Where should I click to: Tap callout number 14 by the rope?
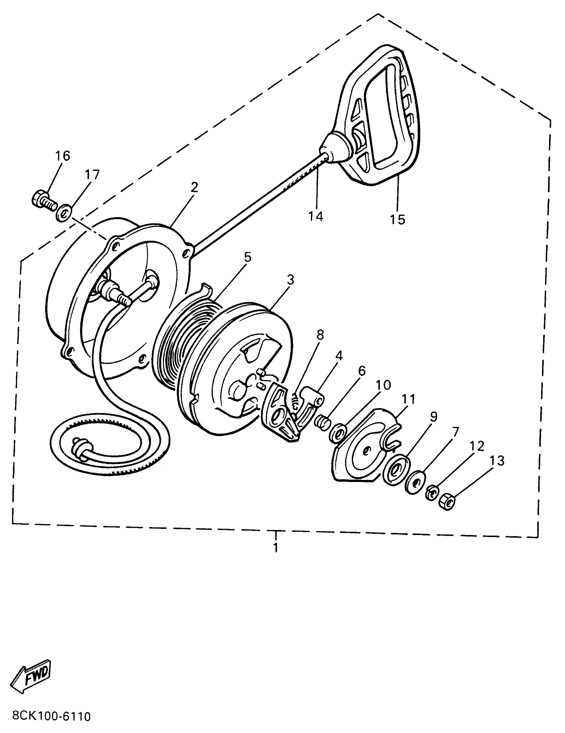[316, 217]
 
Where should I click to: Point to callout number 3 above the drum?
[290, 280]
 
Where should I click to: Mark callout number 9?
[434, 417]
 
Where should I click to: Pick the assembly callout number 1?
[276, 547]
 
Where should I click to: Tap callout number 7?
[455, 432]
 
